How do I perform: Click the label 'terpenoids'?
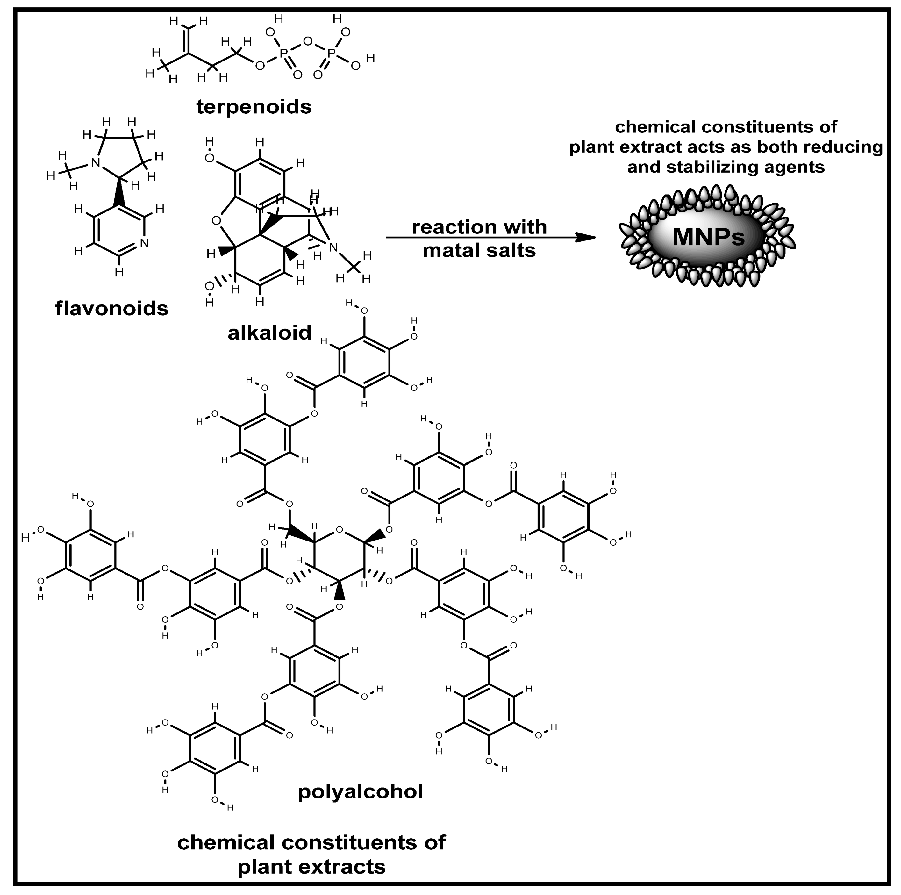tap(254, 107)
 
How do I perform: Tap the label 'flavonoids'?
tap(111, 308)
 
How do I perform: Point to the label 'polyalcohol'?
tap(360, 791)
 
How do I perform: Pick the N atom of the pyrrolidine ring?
tap(96, 163)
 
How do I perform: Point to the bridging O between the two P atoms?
tap(307, 41)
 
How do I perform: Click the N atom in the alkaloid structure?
tap(333, 247)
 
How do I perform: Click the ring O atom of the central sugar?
tap(340, 530)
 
